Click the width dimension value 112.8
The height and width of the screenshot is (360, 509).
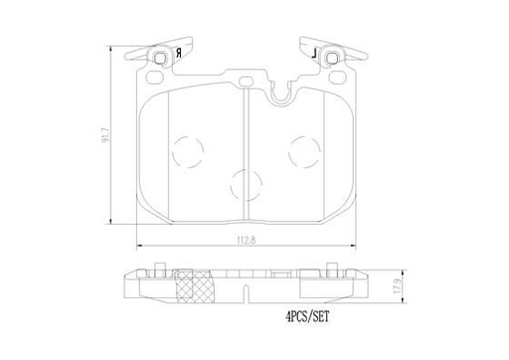tap(245, 239)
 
